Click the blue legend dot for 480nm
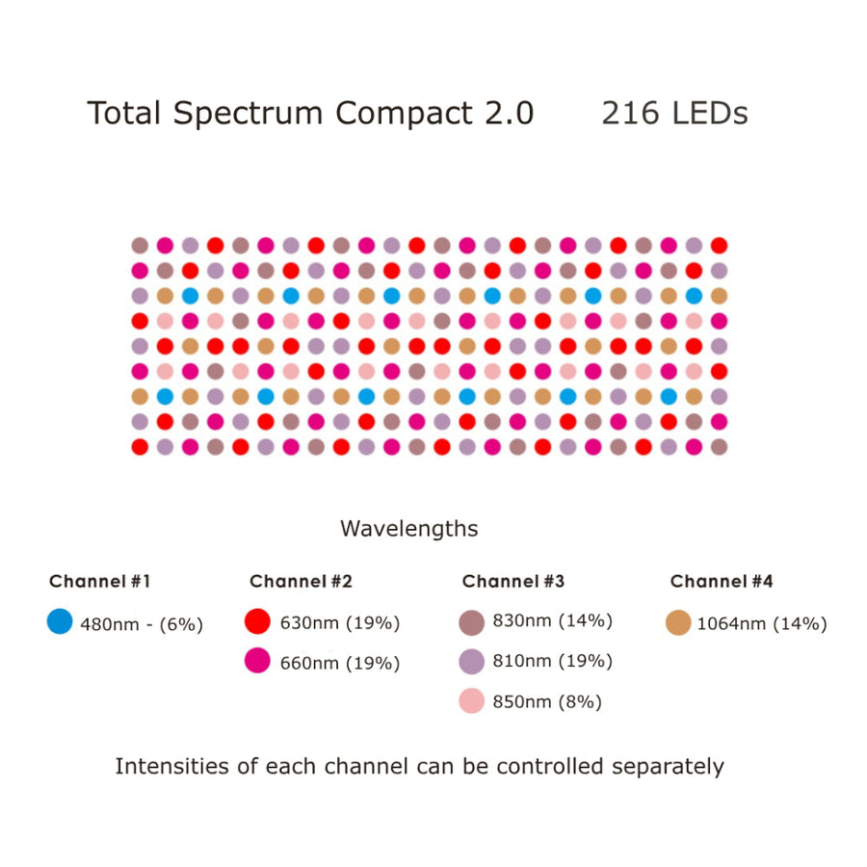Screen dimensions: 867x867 (60, 622)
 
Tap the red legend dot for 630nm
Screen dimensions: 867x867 (258, 621)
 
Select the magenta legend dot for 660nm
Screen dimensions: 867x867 (258, 661)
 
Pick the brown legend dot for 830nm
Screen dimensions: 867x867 (471, 621)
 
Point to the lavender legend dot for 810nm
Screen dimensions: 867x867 (471, 661)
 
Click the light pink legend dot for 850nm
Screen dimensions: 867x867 (471, 701)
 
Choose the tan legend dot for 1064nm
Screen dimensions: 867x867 (678, 622)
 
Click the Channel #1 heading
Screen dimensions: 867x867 (100, 581)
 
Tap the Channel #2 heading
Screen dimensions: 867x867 (301, 581)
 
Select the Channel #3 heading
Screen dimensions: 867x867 (513, 581)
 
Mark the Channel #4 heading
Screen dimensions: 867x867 (722, 581)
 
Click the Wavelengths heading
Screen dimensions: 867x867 (408, 529)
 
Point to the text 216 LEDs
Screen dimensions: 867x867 (674, 114)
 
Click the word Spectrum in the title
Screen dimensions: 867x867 (250, 115)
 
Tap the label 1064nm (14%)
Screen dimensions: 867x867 (761, 623)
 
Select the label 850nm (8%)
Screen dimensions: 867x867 (546, 702)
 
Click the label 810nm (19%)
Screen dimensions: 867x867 (552, 662)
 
